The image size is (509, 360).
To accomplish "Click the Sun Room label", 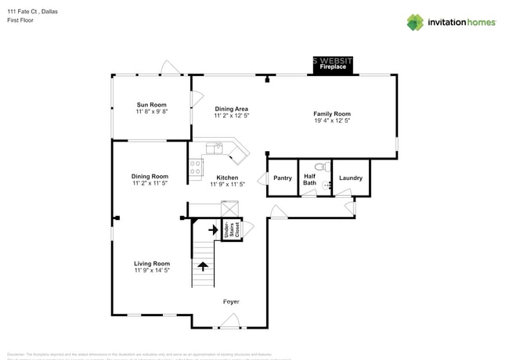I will [152, 105].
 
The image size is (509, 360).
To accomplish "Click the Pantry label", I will [283, 178].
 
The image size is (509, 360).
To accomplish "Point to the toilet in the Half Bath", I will [319, 167].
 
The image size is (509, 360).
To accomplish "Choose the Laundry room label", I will [350, 178].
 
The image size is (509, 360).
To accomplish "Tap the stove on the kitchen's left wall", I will [196, 166].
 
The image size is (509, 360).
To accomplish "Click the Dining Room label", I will [150, 176].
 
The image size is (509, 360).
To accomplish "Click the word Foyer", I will [231, 301].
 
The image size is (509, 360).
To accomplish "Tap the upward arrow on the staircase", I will [203, 266].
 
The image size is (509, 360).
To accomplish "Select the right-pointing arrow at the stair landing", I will [211, 230].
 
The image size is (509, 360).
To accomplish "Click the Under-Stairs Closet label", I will [230, 230].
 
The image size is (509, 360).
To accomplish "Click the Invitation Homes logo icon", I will [414, 22].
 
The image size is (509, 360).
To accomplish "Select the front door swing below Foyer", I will [230, 319].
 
